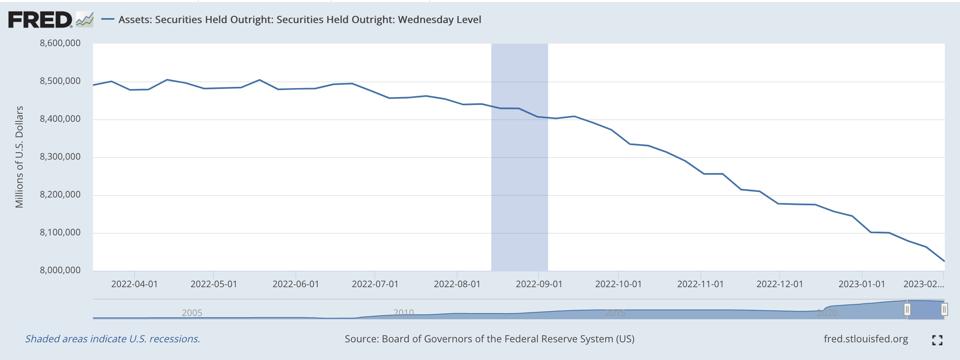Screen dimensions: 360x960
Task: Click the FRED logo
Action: point(40,20)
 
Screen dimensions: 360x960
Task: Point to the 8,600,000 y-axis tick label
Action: point(60,43)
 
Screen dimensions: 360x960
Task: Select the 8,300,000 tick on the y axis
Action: point(60,157)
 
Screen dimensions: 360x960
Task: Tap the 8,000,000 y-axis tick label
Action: point(60,270)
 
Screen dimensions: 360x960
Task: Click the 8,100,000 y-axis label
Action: point(60,232)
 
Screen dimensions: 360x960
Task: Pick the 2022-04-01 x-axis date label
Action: point(134,284)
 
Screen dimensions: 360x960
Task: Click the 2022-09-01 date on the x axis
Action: point(539,284)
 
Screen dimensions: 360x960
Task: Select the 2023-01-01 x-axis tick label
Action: point(861,284)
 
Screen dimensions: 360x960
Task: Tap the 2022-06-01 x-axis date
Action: point(295,284)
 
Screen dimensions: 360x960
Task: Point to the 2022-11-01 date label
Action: point(700,284)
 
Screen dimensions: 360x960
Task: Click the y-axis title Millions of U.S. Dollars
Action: point(19,157)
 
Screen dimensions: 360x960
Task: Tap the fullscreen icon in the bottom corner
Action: point(937,340)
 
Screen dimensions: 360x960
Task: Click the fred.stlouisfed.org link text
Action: point(865,339)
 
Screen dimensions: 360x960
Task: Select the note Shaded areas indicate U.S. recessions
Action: point(112,339)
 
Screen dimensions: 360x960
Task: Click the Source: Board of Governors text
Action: point(489,339)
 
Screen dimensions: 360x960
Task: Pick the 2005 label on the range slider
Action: point(192,313)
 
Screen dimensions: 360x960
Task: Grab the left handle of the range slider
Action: point(907,309)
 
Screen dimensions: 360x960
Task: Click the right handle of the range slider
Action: point(944,309)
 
